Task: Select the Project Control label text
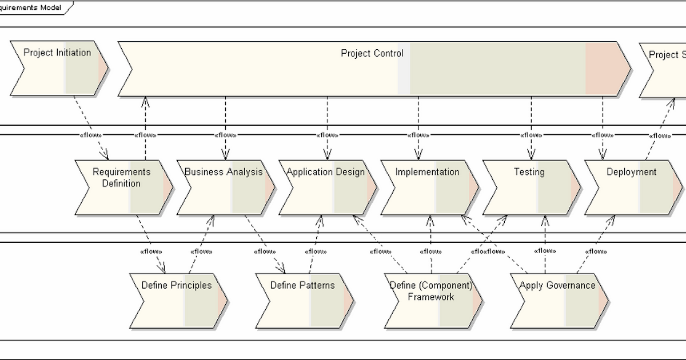372,53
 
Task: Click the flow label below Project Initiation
90,135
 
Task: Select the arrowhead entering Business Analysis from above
225,154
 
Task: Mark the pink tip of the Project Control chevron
606,69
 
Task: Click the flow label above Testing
531,135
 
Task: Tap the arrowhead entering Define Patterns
281,268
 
